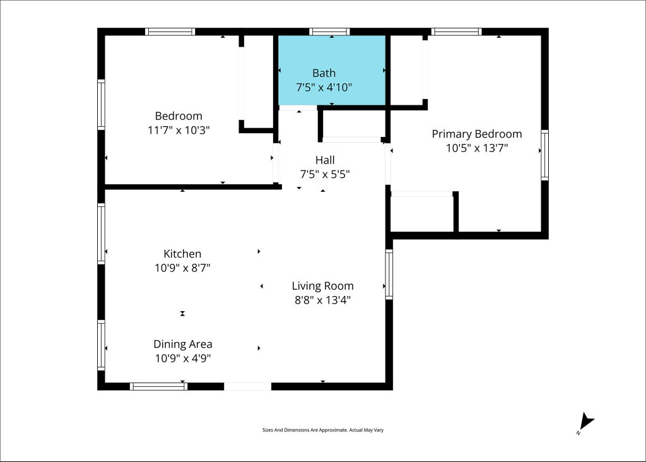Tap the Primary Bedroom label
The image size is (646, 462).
[477, 134]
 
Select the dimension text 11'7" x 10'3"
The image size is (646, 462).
[179, 130]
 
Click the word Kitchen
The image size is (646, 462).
[182, 254]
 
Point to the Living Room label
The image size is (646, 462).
[322, 286]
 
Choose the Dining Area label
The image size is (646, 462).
[183, 344]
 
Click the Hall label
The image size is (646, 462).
[325, 160]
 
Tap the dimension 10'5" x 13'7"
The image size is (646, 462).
[477, 148]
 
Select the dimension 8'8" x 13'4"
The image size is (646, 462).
[322, 300]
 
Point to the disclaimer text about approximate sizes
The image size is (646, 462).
[323, 430]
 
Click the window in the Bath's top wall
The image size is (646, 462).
[329, 32]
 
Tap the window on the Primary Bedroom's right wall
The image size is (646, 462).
[544, 155]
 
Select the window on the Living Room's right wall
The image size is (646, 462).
[389, 274]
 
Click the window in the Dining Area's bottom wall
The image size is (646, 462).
[158, 386]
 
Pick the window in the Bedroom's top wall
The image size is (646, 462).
[170, 32]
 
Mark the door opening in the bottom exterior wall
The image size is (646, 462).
[247, 386]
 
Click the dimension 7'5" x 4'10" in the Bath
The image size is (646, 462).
[324, 87]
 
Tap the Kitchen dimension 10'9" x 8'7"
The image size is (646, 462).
[182, 268]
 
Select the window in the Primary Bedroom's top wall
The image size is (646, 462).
[457, 32]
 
